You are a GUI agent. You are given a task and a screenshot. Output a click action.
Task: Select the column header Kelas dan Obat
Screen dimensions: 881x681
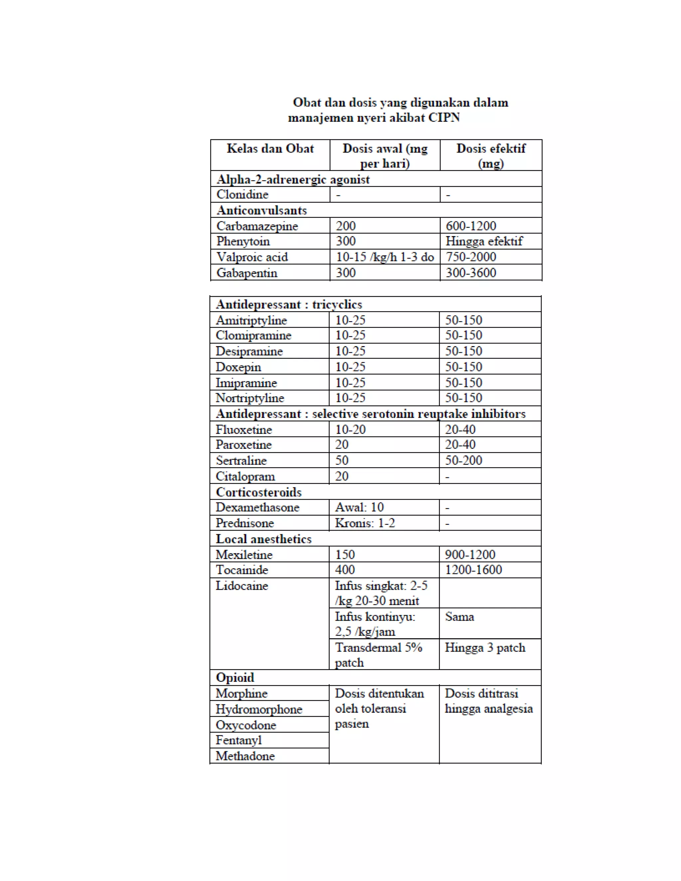(270, 149)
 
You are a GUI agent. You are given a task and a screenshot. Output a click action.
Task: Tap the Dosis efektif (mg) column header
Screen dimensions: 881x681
(490, 156)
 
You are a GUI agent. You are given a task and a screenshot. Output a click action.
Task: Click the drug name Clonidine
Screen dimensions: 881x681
(242, 194)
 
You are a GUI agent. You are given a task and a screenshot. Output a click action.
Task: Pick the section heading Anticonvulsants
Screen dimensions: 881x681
(261, 210)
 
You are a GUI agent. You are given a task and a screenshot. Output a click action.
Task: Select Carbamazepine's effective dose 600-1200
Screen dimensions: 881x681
(471, 226)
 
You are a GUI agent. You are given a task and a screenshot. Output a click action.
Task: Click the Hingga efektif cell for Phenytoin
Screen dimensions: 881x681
(484, 241)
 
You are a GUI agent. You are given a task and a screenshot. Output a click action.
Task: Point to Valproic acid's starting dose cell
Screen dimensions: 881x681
(384, 257)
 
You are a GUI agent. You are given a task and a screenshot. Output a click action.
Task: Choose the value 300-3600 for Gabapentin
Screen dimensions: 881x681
(471, 273)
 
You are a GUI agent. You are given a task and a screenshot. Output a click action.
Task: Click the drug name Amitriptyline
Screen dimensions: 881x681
(251, 320)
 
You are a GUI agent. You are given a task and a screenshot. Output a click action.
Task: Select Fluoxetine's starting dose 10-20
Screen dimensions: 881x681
(350, 430)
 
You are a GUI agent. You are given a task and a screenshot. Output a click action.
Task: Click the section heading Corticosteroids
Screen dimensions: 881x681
(259, 492)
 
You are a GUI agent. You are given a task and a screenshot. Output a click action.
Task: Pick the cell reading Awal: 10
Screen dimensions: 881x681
(359, 507)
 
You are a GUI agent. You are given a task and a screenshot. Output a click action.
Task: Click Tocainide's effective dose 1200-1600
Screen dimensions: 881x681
(473, 570)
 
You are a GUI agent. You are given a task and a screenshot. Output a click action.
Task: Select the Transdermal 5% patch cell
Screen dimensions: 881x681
(378, 655)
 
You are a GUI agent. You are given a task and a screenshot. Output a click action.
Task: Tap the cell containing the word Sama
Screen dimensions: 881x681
(460, 617)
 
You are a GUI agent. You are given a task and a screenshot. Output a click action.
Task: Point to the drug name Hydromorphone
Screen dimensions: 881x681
(259, 709)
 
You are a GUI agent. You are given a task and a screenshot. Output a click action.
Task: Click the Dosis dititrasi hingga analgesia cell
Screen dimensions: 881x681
(488, 701)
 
